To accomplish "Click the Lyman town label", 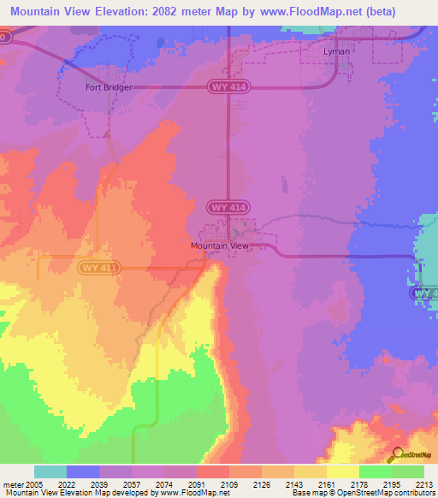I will coord(337,51).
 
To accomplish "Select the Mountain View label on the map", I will coord(219,246).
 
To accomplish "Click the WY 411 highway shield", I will coord(101,268).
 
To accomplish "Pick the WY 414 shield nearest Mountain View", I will coord(228,208).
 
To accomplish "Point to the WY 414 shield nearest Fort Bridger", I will coord(228,86).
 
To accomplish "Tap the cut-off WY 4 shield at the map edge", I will coord(424,293).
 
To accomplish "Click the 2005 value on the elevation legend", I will coord(34,484).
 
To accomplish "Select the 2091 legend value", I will coord(198,484).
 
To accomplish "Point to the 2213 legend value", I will coord(425,484).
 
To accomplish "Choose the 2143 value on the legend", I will coord(295,484).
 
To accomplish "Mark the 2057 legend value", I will coord(133,484).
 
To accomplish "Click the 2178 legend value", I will coord(360,484).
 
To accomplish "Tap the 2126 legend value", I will coord(263,484).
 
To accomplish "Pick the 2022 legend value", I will coord(68,484).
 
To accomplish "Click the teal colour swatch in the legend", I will coord(50,471).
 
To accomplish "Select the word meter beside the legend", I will coord(13,484).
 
